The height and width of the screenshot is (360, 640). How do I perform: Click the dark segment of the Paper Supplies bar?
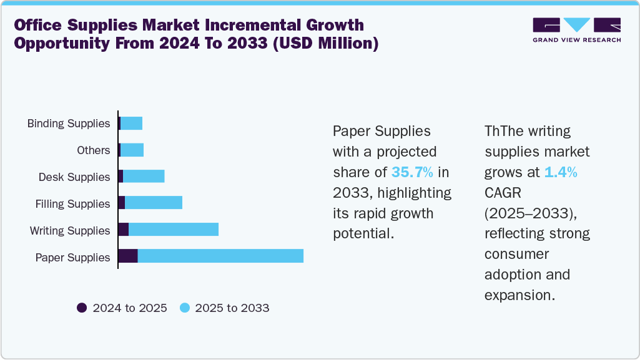pyautogui.click(x=128, y=256)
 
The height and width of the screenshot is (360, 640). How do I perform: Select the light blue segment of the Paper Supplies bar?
pyautogui.click(x=220, y=256)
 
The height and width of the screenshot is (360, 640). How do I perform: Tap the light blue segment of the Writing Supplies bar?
pyautogui.click(x=174, y=229)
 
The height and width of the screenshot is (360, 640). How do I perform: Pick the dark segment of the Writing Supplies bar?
pyautogui.click(x=124, y=229)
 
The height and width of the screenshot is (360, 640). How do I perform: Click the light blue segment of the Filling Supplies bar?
pyautogui.click(x=154, y=202)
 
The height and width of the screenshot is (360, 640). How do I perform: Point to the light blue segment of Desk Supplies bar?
pyautogui.click(x=144, y=176)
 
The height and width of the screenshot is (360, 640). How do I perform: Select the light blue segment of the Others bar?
pyautogui.click(x=132, y=150)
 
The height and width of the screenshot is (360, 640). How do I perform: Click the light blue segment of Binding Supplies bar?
pyautogui.click(x=131, y=123)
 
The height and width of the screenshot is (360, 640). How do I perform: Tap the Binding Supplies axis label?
pyautogui.click(x=69, y=124)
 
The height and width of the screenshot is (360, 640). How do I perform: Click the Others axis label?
pyautogui.click(x=94, y=150)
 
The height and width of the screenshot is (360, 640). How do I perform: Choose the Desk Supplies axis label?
pyautogui.click(x=74, y=177)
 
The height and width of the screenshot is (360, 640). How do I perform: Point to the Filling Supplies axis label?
pyautogui.click(x=72, y=204)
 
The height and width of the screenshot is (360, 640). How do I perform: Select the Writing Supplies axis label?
pyautogui.click(x=70, y=231)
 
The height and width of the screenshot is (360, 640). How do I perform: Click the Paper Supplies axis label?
pyautogui.click(x=72, y=258)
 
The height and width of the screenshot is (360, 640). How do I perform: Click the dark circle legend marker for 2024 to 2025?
pyautogui.click(x=82, y=308)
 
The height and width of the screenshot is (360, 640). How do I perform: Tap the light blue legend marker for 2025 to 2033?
pyautogui.click(x=184, y=308)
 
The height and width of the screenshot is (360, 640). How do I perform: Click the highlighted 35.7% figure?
pyautogui.click(x=412, y=172)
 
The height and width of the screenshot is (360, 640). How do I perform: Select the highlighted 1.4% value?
pyautogui.click(x=560, y=172)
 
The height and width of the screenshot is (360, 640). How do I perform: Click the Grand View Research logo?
pyautogui.click(x=576, y=29)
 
